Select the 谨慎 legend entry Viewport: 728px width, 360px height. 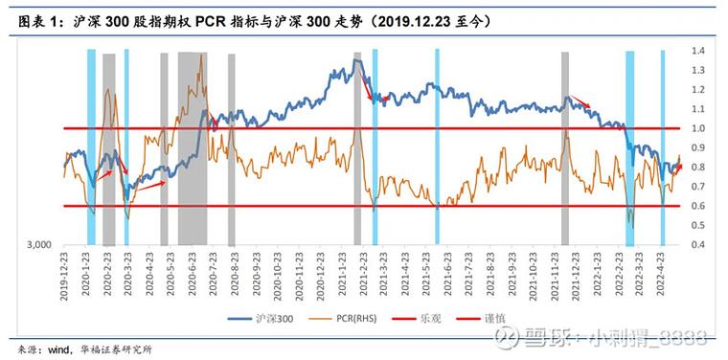(x=509, y=315)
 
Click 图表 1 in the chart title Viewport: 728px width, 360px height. (x=42, y=18)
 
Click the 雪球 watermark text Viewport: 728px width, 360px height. (x=548, y=337)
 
